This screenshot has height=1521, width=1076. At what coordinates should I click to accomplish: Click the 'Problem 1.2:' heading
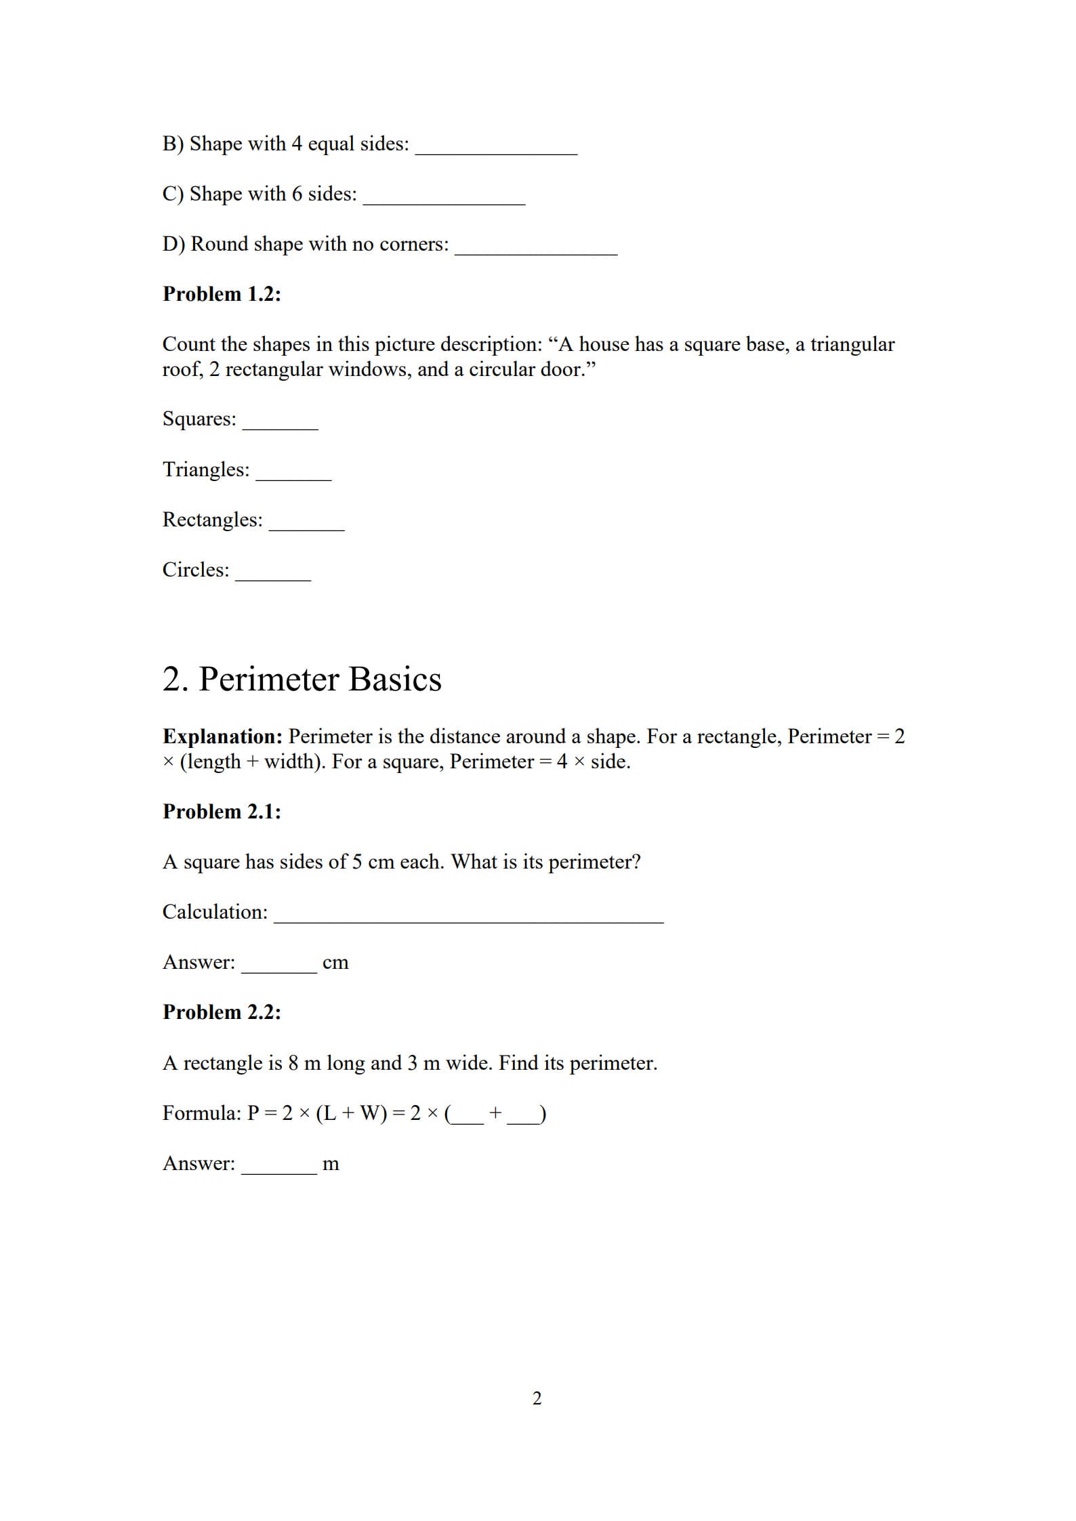(x=222, y=294)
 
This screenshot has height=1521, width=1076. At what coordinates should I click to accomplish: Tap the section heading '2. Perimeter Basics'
(x=302, y=679)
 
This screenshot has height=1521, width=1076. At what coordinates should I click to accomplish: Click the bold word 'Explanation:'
(x=222, y=736)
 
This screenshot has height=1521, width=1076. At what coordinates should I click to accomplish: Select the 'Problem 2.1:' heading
(x=222, y=812)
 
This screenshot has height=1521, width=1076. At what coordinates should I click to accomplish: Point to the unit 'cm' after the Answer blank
(x=335, y=963)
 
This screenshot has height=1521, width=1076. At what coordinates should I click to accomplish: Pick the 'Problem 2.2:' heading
(x=222, y=1012)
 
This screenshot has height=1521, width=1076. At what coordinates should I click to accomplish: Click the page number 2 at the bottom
(x=537, y=1398)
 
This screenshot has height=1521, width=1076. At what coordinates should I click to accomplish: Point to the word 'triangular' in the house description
(x=852, y=345)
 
